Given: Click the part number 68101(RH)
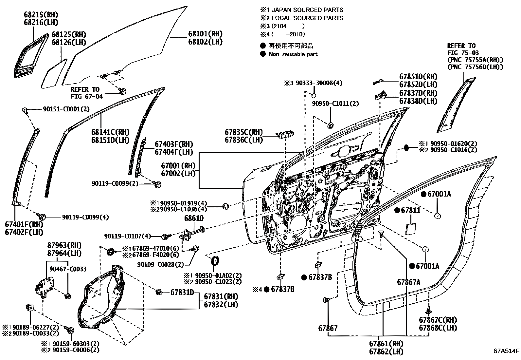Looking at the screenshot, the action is coord(205,34).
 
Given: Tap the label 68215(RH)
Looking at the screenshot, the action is coord(41,15).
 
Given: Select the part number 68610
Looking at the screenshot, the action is coord(194,218).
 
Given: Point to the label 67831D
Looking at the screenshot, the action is coord(182,292).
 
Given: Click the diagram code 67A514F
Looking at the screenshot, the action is coord(506,351).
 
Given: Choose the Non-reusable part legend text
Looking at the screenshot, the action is coord(293,54).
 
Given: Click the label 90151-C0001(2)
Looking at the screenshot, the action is coord(66,109).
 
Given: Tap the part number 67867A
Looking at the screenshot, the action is coord(409,282).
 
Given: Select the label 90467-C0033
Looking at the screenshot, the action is coord(68,269).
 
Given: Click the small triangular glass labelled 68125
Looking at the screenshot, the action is coord(54,74).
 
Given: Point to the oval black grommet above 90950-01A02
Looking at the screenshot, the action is coord(215,260).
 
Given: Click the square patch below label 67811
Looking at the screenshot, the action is coord(410,229).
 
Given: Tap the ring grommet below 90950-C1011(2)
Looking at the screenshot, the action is coord(330,126).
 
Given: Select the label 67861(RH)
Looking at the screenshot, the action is coord(386,344).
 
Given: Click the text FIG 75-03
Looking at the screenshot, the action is coord(463,53).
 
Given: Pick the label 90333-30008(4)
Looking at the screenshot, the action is coord(319,83).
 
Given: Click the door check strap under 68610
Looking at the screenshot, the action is coord(192,233).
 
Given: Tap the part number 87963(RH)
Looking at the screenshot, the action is coord(64,245).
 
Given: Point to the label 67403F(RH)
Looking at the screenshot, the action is coord(174,144).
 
